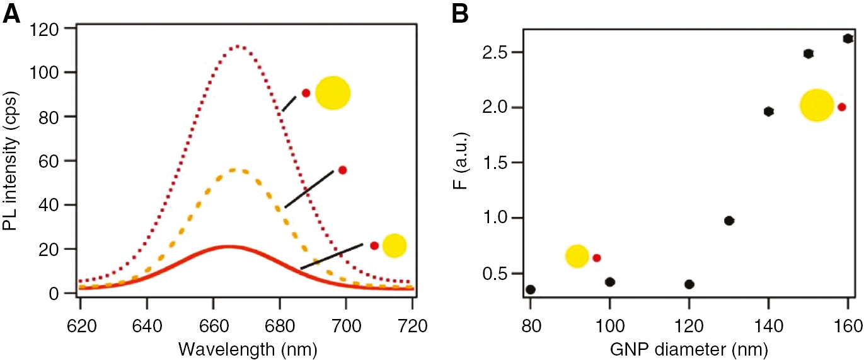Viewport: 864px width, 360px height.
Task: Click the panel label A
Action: [11, 13]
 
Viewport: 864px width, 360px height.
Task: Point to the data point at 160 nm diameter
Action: [848, 38]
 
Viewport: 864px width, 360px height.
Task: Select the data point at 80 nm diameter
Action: [531, 289]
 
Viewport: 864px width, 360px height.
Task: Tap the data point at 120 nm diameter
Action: [689, 284]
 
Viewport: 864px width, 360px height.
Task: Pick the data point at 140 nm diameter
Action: [769, 112]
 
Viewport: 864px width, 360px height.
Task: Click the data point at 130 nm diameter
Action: [729, 221]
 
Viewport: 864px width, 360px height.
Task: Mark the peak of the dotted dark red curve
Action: [238, 46]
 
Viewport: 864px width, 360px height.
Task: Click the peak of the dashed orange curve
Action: [234, 169]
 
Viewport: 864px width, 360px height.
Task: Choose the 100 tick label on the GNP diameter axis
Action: [610, 327]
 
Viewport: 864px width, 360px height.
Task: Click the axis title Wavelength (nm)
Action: [246, 348]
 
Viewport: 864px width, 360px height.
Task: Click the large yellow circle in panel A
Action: [332, 94]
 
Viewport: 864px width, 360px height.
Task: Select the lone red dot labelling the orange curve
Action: [343, 170]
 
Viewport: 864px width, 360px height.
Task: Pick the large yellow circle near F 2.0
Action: [817, 105]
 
